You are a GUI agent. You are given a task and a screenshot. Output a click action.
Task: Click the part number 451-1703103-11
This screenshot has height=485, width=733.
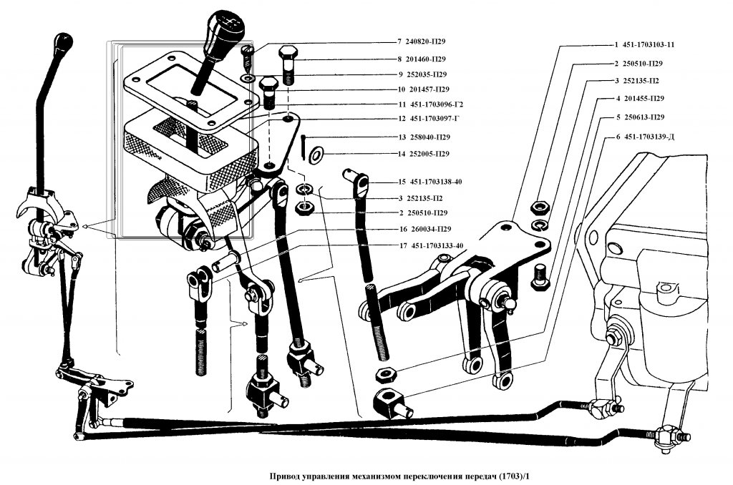pos(649,44)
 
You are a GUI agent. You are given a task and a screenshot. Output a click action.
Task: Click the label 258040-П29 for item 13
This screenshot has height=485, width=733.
pos(429,137)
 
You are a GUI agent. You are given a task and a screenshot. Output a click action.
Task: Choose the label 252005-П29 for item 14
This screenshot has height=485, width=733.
pos(429,154)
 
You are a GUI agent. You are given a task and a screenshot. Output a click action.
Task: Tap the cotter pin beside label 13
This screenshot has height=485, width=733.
pos(304,146)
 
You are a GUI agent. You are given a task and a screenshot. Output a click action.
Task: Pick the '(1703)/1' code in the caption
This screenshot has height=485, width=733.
pos(516,476)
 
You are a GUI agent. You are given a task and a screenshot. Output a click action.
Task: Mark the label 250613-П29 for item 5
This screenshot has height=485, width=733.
pos(644,117)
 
